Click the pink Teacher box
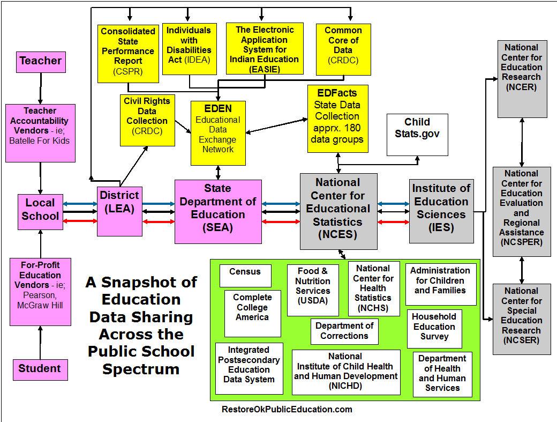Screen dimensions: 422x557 point(41,61)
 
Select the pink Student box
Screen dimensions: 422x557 point(40,369)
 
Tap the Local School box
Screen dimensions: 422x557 point(40,210)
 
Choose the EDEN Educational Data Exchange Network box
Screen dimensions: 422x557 point(218,132)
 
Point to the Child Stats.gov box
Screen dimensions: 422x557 point(417,134)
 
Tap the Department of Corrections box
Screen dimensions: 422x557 point(344,331)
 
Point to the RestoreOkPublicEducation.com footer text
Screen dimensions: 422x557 point(287,410)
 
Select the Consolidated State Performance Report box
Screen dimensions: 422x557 point(128,52)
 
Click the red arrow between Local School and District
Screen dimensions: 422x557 point(79,221)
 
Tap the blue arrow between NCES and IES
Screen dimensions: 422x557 point(394,204)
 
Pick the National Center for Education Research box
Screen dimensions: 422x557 point(522,78)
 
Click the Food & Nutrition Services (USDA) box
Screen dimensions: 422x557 point(313,290)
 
